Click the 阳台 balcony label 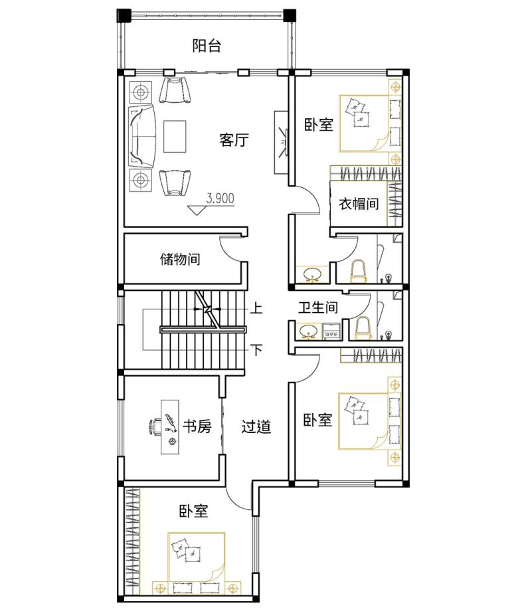point(207,46)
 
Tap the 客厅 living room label point(234,139)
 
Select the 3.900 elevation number point(220,198)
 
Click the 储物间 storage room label point(180,259)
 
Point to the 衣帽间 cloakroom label point(359,203)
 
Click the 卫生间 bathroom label point(318,307)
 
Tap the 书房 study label point(197,426)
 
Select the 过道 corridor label point(256,426)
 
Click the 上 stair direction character point(256,308)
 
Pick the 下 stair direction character point(256,349)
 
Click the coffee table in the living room point(175,136)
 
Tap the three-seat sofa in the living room point(142,136)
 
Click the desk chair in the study point(155,426)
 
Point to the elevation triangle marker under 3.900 point(197,210)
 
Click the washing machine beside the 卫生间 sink point(331,331)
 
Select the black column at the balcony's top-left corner point(123,15)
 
